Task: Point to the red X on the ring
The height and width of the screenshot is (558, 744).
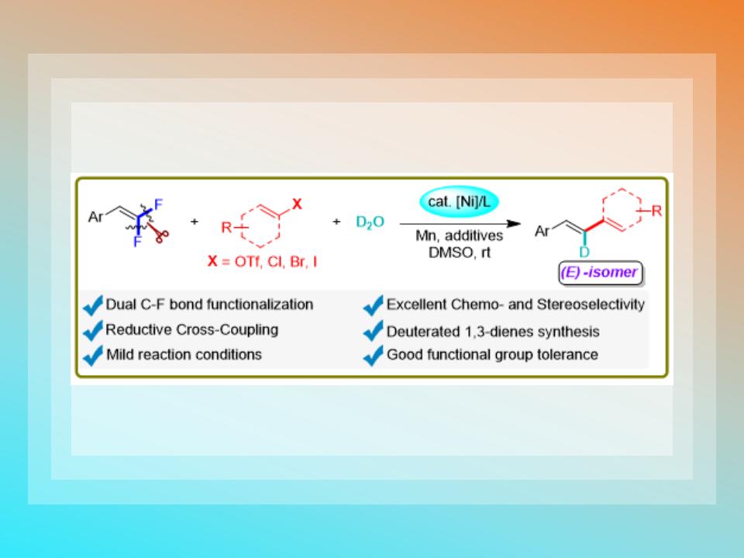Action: tap(296, 203)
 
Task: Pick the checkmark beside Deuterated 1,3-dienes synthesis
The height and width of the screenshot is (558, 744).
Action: tap(374, 332)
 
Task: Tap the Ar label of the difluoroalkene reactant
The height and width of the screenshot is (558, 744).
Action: tap(98, 217)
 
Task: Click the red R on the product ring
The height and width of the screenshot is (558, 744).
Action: tap(656, 210)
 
